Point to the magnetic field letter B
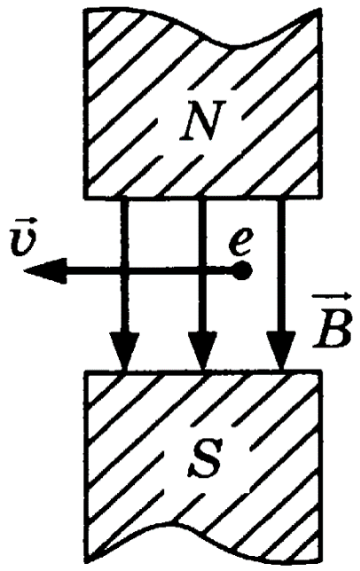tap(333, 331)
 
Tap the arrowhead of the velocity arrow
tap(44, 271)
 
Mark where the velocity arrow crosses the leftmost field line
tap(124, 270)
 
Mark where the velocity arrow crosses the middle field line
tap(203, 270)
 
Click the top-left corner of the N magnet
tap(85, 10)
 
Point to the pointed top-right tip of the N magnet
tap(319, 9)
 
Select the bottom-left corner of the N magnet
tap(85, 198)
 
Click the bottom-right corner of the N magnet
tap(320, 198)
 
